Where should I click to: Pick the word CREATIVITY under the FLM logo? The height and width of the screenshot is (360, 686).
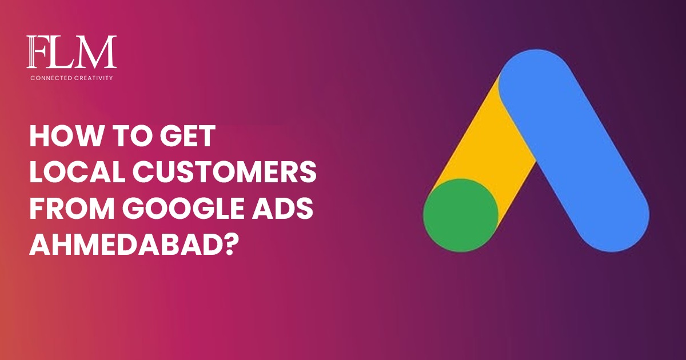pyautogui.click(x=94, y=77)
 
